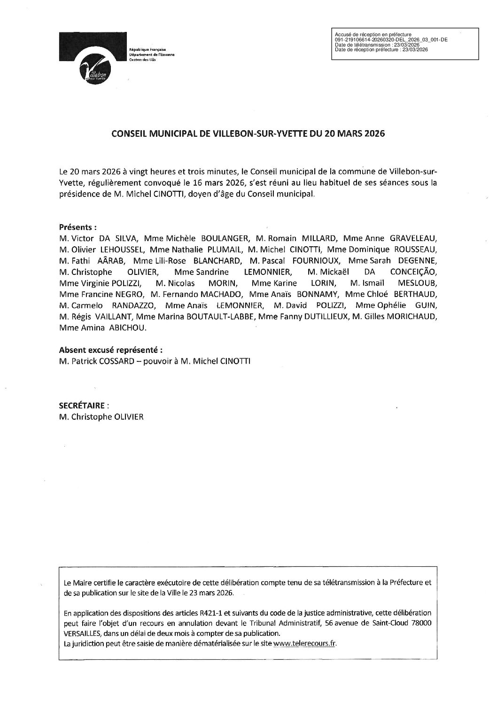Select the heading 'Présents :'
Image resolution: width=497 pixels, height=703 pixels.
pos(78,227)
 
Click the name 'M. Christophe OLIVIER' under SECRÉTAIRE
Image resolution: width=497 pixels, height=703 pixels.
pos(101,416)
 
